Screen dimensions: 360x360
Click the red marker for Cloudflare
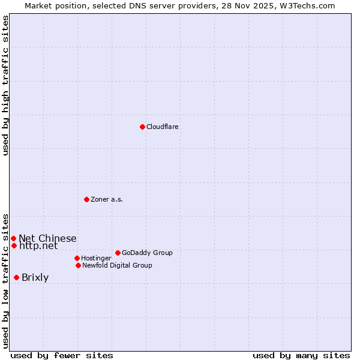coord(142,127)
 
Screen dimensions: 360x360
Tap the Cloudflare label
coord(162,127)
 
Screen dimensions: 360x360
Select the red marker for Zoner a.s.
coord(86,199)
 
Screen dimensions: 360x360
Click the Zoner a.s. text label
coord(107,199)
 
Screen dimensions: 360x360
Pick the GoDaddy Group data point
coord(118,253)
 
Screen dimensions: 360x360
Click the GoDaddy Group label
coord(147,253)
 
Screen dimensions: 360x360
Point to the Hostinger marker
coord(77,258)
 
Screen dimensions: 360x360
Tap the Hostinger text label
coord(96,258)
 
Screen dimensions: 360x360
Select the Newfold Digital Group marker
coord(78,265)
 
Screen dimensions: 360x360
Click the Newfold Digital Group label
coord(117,265)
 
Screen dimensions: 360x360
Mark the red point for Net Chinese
coord(13,238)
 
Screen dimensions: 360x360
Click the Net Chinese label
coord(47,238)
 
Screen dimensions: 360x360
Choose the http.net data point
coord(14,245)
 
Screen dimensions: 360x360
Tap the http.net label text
coord(38,245)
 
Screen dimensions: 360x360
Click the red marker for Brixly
coord(16,277)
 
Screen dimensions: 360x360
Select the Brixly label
coord(35,277)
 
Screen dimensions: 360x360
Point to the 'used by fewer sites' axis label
coord(62,355)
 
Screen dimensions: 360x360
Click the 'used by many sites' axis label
coord(301,355)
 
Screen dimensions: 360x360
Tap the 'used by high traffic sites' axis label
coord(5,85)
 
